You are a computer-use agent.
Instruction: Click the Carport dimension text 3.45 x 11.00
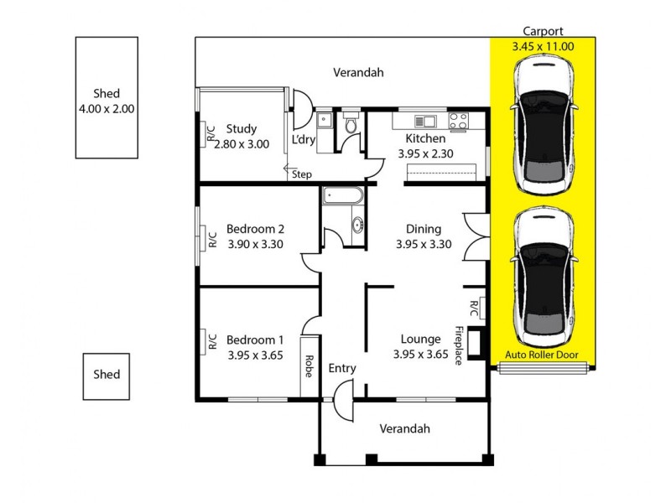tap(543, 47)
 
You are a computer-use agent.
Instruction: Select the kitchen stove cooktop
tap(459, 121)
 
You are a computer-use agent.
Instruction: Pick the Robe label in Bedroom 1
tap(309, 366)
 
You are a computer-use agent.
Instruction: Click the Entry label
tap(342, 369)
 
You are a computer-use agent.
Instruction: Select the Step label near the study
tap(302, 174)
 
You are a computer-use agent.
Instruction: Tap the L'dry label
tap(303, 140)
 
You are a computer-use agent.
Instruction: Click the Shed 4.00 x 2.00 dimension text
tap(106, 108)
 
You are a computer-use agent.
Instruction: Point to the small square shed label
tap(106, 375)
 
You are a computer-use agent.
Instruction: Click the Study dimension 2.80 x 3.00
tap(242, 143)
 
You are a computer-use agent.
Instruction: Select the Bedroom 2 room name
tap(256, 229)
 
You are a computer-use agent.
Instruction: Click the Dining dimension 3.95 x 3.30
tap(424, 245)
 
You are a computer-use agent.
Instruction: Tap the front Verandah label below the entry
tap(404, 428)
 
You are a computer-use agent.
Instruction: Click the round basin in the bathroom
tap(358, 224)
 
